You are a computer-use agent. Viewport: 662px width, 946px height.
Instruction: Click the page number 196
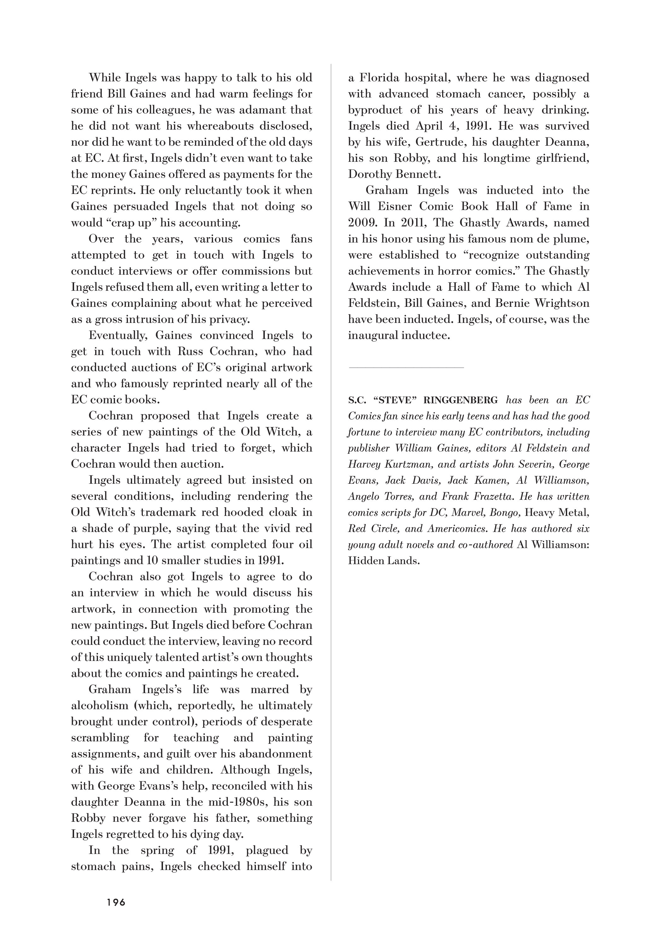pyautogui.click(x=116, y=902)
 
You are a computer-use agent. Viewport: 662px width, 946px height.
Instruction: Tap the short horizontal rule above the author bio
pyautogui.click(x=406, y=367)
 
